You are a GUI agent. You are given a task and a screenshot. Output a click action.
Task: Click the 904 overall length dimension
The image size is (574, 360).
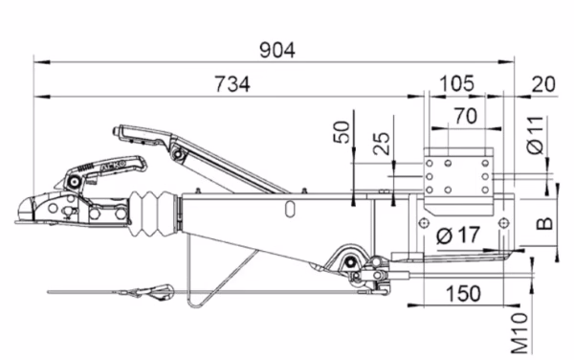coord(277,51)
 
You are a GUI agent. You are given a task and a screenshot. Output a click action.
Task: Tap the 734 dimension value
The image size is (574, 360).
coord(232,84)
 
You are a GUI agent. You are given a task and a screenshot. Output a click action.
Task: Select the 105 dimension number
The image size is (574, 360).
coord(456,84)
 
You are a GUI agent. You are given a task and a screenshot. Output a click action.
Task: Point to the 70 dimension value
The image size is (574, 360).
coord(466,117)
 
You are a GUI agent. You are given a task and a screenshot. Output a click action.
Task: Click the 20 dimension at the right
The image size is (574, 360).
coord(543,84)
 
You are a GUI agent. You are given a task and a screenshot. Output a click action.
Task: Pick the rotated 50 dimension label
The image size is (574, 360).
coord(342,132)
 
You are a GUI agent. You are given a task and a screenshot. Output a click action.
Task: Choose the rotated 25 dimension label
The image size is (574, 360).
coord(382,144)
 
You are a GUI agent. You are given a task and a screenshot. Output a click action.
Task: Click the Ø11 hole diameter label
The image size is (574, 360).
coord(536,135)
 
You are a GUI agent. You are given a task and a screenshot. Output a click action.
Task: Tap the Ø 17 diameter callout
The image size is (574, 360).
coord(458,236)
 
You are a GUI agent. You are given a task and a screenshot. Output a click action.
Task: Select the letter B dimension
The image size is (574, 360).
coord(545,223)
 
